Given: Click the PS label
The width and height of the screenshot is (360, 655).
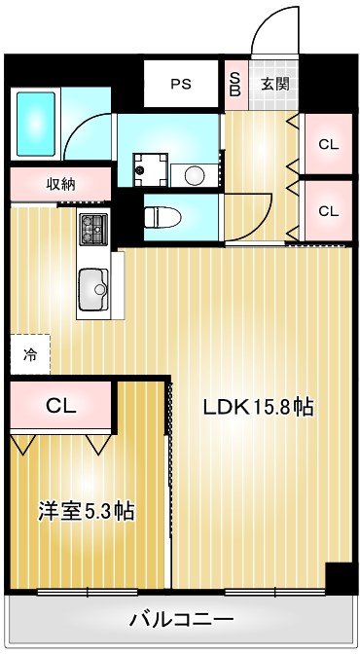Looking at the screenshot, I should click(181, 84).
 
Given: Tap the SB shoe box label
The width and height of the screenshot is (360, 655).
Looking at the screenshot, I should click(234, 84).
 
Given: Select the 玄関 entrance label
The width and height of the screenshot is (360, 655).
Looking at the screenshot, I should click(273, 84).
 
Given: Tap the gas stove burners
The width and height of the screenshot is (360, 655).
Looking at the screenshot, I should click(92, 230).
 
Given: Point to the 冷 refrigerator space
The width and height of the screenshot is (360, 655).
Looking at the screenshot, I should click(30, 354).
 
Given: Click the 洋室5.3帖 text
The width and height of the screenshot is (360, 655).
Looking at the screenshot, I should click(86, 511).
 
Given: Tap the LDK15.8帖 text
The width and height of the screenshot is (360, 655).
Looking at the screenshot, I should click(258, 408).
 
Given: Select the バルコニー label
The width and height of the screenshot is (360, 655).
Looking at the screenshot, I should click(181, 618).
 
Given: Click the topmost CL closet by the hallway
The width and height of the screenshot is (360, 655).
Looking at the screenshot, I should click(329, 144).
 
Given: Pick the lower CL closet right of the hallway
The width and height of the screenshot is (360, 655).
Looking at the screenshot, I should click(329, 210).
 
